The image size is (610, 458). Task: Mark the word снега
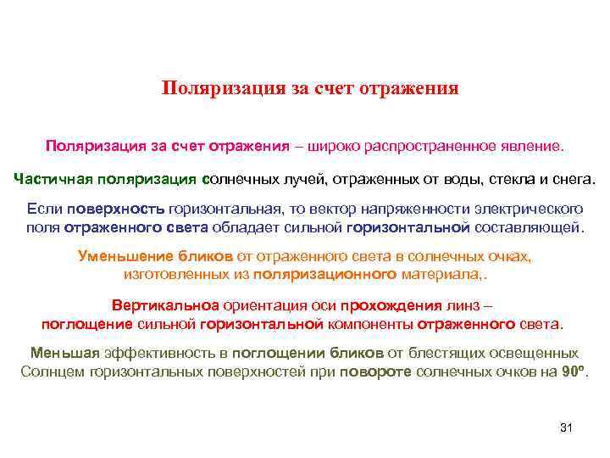pyautogui.click(x=574, y=179)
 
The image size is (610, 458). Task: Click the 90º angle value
pyautogui.click(x=574, y=371)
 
